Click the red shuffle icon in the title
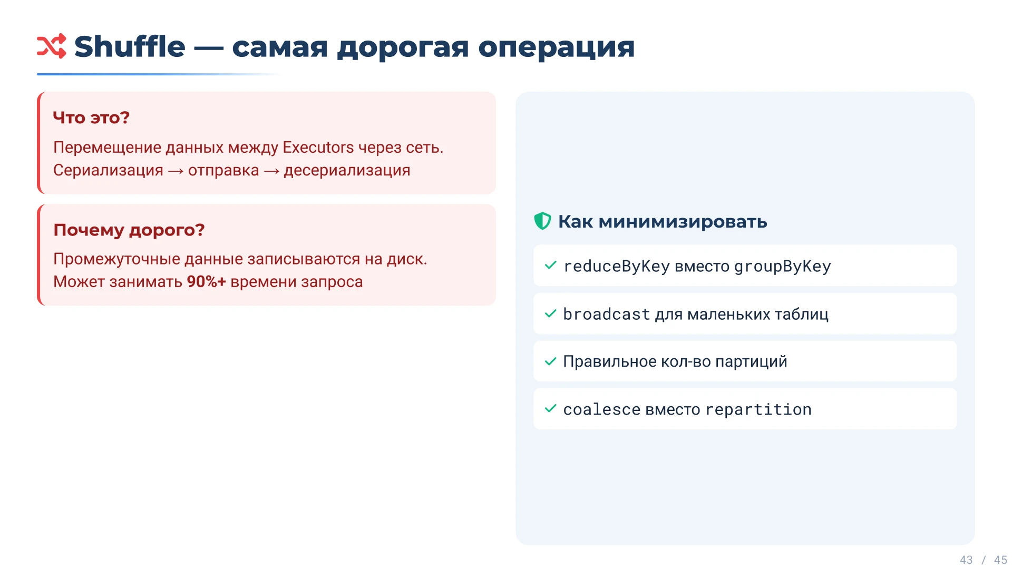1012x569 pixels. (x=51, y=46)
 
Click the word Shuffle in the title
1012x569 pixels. (x=130, y=47)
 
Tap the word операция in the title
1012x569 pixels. (x=556, y=48)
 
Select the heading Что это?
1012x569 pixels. (x=91, y=117)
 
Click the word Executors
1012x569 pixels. (x=318, y=148)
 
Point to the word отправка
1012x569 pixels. (x=223, y=171)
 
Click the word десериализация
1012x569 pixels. (x=347, y=171)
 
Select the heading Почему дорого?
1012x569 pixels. (x=129, y=230)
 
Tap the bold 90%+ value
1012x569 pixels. (x=206, y=282)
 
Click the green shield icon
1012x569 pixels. (x=542, y=221)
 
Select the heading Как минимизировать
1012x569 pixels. (x=662, y=222)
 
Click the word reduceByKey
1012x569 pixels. (x=616, y=267)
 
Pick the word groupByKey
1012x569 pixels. (x=782, y=267)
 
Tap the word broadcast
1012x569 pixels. (x=606, y=315)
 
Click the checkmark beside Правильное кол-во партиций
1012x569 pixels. (x=550, y=361)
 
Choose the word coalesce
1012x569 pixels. (x=601, y=410)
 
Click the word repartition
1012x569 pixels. (x=758, y=410)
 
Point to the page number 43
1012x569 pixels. (x=966, y=560)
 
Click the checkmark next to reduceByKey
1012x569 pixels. (x=550, y=266)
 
